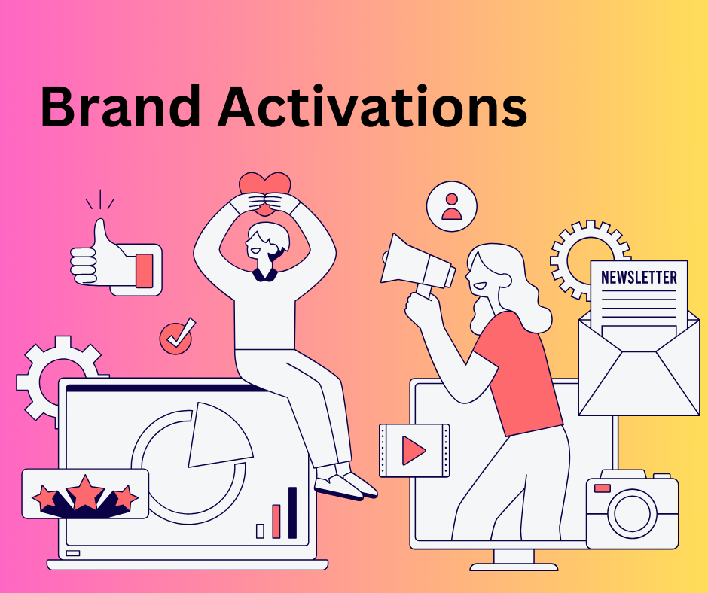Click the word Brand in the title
(x=121, y=107)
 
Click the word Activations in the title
(x=373, y=107)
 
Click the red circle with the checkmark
(x=175, y=339)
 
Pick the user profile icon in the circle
(x=451, y=207)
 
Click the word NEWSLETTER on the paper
(x=639, y=277)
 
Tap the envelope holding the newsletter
(x=639, y=366)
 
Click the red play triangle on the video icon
(x=412, y=450)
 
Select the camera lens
(x=632, y=513)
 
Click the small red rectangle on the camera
(x=603, y=488)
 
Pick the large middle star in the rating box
(x=85, y=493)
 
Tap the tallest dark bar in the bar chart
(x=292, y=512)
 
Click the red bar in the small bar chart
(x=276, y=522)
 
